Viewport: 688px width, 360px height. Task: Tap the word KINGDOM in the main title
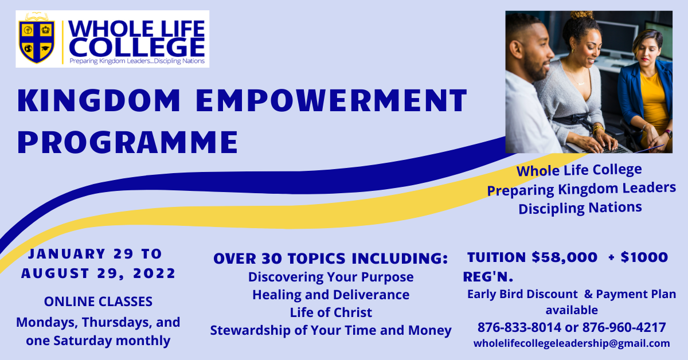[x=99, y=100]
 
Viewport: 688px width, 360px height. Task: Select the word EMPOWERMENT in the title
[x=331, y=100]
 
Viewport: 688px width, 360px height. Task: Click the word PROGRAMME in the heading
[x=127, y=142]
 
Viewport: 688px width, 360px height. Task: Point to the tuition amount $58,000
[x=565, y=257]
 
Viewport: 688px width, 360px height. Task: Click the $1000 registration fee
[x=644, y=257]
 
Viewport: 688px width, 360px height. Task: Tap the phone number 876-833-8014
[x=519, y=327]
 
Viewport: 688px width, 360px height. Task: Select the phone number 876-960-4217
[x=624, y=327]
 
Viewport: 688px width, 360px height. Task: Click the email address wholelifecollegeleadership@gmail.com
[x=572, y=343]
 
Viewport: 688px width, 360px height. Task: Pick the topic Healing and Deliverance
[x=331, y=295]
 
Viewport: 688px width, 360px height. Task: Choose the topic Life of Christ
[x=331, y=312]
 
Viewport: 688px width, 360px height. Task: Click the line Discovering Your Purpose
[x=331, y=277]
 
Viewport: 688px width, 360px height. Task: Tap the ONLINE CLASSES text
[x=98, y=302]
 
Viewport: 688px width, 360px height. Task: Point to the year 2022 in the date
[x=154, y=273]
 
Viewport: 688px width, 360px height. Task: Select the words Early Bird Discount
[x=522, y=294]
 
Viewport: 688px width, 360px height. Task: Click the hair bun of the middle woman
[x=582, y=15]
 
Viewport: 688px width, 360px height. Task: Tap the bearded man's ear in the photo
[x=516, y=49]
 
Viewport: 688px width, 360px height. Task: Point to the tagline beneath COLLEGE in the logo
[x=137, y=61]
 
